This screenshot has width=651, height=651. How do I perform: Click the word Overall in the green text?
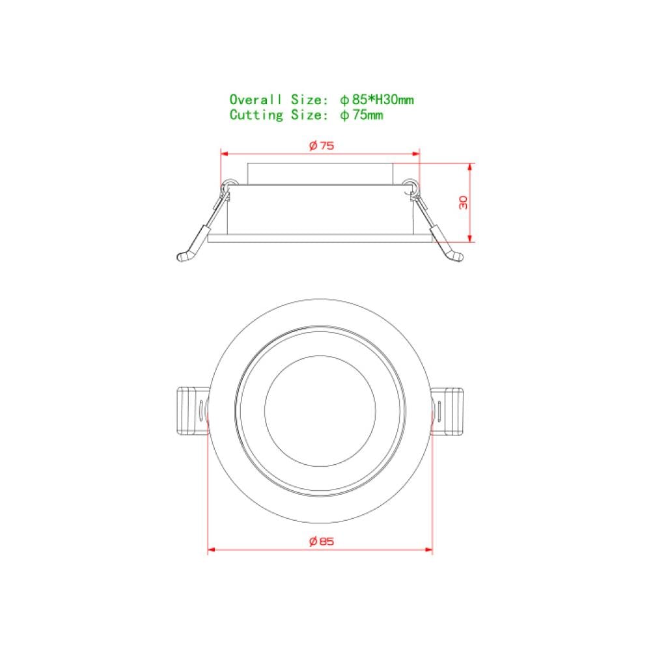[256, 100]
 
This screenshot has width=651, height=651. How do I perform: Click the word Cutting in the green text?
[256, 115]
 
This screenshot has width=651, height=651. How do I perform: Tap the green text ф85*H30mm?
[377, 100]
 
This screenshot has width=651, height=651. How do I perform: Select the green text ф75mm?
[361, 115]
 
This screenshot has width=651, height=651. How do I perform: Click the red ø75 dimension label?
[322, 146]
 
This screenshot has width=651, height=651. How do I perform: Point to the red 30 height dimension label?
[464, 202]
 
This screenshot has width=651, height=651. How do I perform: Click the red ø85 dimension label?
[322, 542]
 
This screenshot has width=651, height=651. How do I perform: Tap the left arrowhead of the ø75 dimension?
[225, 154]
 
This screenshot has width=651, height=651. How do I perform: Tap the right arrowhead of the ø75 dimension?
[415, 154]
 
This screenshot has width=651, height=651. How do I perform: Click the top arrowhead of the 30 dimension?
[470, 167]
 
